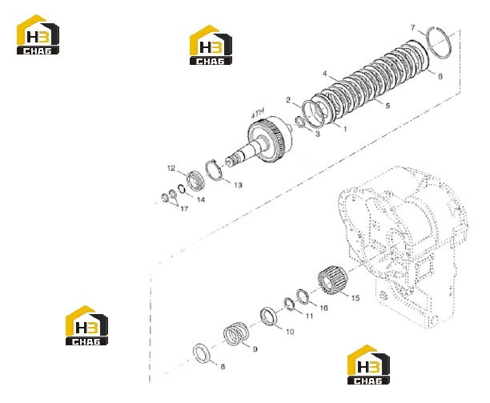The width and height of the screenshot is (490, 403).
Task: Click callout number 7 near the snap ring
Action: click(413, 28)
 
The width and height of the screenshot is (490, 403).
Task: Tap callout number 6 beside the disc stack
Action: click(440, 76)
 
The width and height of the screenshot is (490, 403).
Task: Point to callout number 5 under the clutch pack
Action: click(388, 106)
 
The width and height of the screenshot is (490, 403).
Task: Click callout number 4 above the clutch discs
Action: click(325, 74)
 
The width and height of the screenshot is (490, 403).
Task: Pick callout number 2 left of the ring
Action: click(288, 100)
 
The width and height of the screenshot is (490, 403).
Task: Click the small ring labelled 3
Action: click(299, 121)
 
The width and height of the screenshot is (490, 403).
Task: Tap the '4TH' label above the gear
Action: click(258, 112)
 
